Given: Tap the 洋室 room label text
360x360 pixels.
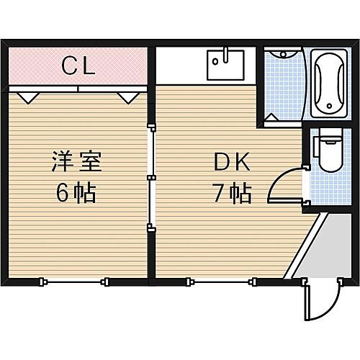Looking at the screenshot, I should point(76,160).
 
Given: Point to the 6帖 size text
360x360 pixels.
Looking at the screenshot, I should point(76,193).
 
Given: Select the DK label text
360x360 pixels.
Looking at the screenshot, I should point(231,163).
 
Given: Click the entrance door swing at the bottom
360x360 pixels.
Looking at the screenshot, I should point(320,302).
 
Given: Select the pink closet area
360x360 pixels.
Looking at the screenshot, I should point(43,67).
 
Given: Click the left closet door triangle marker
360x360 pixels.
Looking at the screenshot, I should point(28,95).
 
